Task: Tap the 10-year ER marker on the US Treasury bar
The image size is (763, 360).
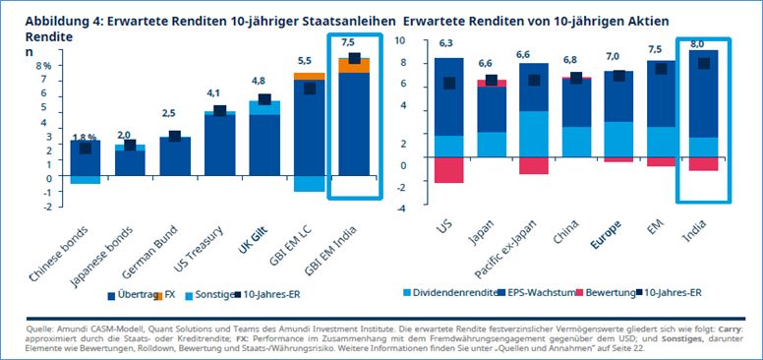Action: click(220, 111)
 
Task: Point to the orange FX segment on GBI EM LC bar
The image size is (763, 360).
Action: click(309, 76)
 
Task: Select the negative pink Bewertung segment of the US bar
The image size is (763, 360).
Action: click(448, 173)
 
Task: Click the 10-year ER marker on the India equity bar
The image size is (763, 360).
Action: click(703, 64)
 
